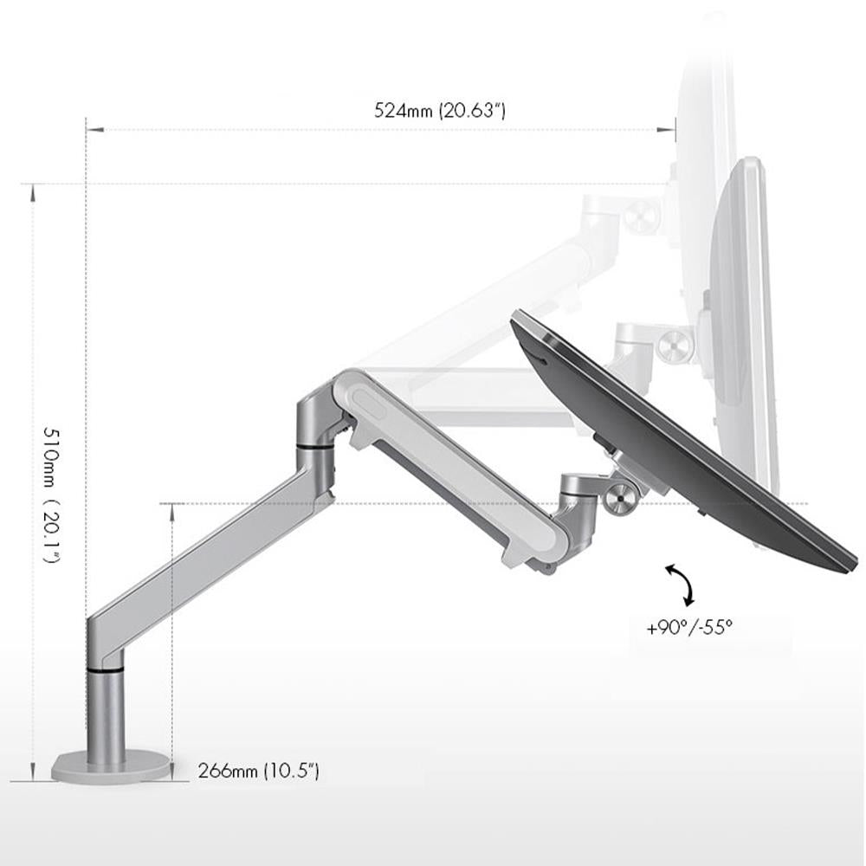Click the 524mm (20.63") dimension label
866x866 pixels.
pos(439,111)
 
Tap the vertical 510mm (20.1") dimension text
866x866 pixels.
pos(51,494)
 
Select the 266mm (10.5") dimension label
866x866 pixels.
pos(258,771)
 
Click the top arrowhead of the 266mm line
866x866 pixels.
pos(172,511)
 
